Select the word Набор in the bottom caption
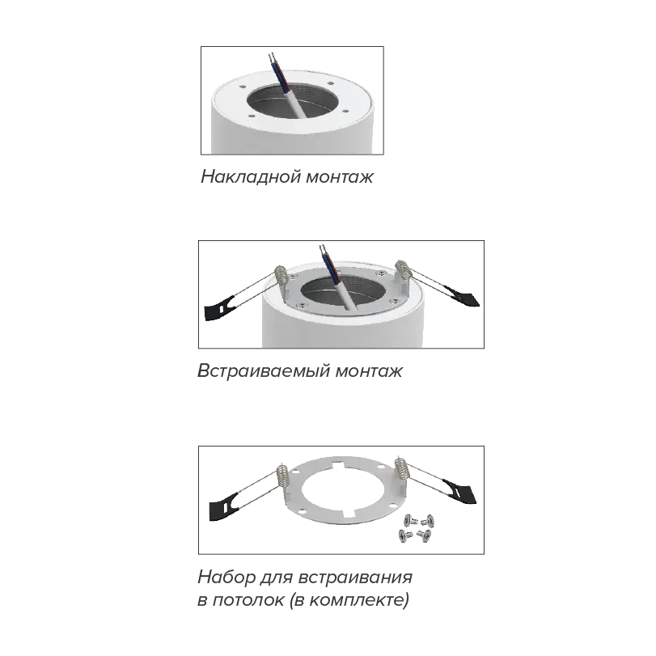(226, 577)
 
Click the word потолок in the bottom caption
(248, 600)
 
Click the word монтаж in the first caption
(339, 177)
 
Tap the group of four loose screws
(416, 529)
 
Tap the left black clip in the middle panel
(219, 308)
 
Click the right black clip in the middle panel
(462, 296)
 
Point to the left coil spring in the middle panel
(281, 277)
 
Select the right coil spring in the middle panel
(404, 270)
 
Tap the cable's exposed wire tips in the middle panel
(323, 250)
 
